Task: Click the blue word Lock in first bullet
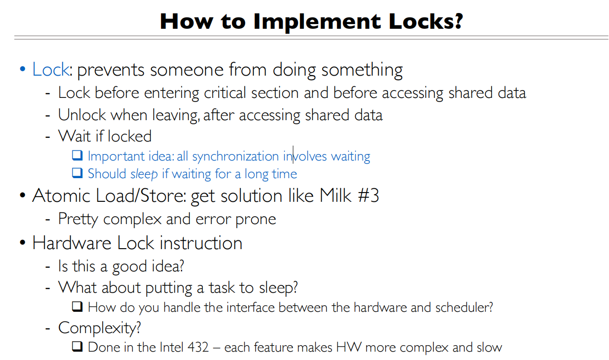pos(50,70)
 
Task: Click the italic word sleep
pos(144,174)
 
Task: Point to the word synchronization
pos(235,156)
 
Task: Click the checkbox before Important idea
pos(77,156)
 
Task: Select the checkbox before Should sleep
pos(77,174)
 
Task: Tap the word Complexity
pos(99,328)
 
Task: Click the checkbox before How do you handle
pos(77,307)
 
